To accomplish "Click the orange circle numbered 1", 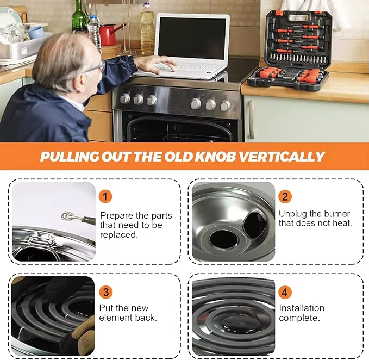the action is [x=105, y=196].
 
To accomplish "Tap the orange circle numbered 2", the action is [x=285, y=196].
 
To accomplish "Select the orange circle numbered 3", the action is [x=105, y=292].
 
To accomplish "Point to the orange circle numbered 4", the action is [x=285, y=292].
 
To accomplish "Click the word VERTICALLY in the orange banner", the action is [x=282, y=156].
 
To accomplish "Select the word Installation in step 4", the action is [x=302, y=308].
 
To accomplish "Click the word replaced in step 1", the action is [x=118, y=235].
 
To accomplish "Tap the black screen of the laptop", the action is [x=192, y=38].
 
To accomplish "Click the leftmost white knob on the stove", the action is [x=125, y=98].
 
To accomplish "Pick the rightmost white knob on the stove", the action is [x=226, y=105].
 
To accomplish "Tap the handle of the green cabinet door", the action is [x=252, y=120].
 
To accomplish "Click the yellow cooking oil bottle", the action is [x=147, y=29].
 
